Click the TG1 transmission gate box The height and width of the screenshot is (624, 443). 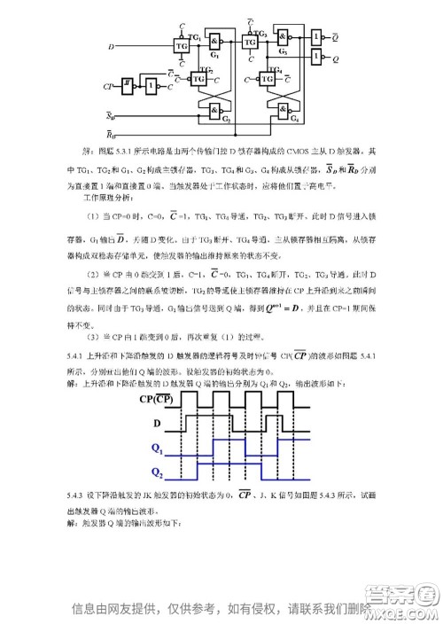click(182, 43)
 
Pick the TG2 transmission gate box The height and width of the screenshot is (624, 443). click(198, 79)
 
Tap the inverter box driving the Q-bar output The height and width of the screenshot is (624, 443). click(315, 35)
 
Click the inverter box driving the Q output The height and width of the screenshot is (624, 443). click(315, 58)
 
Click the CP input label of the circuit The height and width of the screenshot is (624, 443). click(107, 87)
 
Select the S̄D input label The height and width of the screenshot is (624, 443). click(111, 116)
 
